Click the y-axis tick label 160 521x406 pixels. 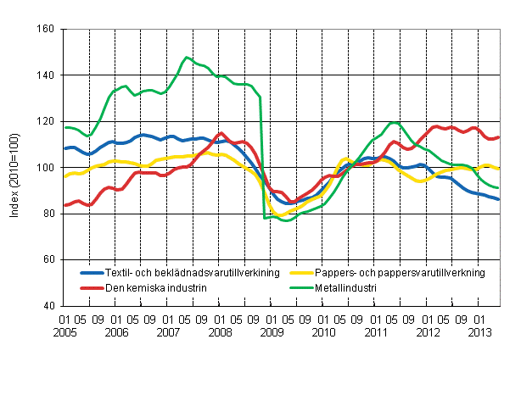pyautogui.click(x=46, y=30)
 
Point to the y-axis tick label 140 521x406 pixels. pyautogui.click(x=46, y=75)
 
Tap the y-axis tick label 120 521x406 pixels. pyautogui.click(x=46, y=121)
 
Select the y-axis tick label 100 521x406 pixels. pyautogui.click(x=46, y=168)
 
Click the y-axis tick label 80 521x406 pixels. pyautogui.click(x=48, y=214)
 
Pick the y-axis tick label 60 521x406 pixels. pyautogui.click(x=48, y=259)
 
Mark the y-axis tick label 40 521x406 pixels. pyautogui.click(x=48, y=306)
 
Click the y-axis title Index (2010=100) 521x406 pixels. pyautogui.click(x=15, y=168)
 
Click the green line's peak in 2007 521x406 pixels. pyautogui.click(x=186, y=57)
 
